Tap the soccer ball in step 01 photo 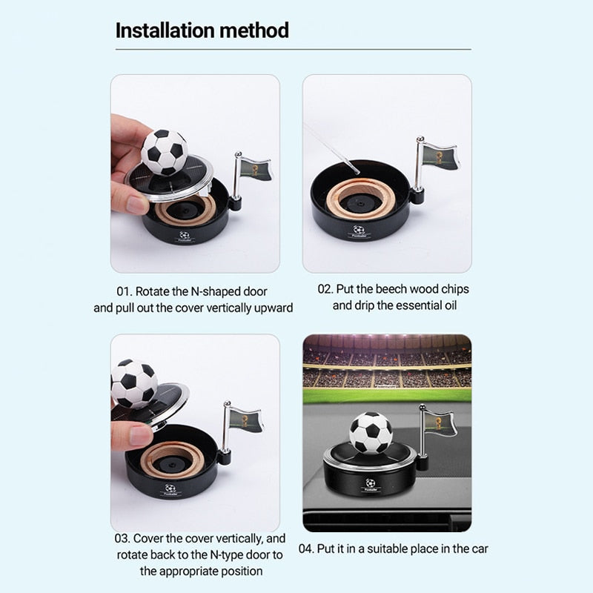[164, 152]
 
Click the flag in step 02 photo [439, 155]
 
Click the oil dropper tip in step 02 [357, 172]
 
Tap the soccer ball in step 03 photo [134, 383]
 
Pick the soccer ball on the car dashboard [371, 433]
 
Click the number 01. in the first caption [124, 291]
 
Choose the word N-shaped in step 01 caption [215, 292]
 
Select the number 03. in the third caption [122, 538]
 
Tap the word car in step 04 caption [480, 549]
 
